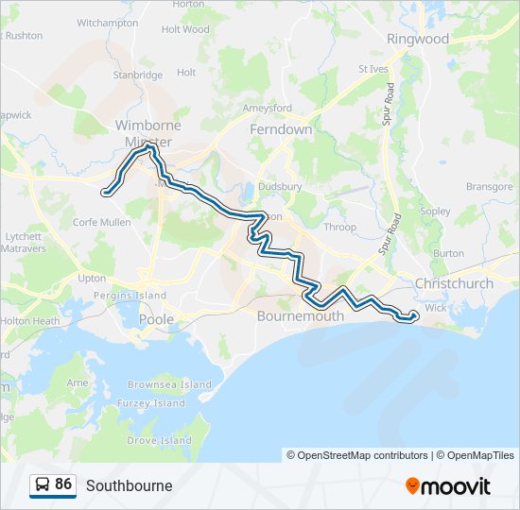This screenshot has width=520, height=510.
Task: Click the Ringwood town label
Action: pyautogui.click(x=418, y=40)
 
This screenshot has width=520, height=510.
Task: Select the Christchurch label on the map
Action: pyautogui.click(x=454, y=283)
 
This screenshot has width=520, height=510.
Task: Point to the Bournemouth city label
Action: pyautogui.click(x=301, y=316)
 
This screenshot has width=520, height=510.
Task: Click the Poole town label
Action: pyautogui.click(x=156, y=319)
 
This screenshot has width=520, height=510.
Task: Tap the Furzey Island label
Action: pyautogui.click(x=155, y=403)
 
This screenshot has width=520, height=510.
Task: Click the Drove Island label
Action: pyautogui.click(x=159, y=440)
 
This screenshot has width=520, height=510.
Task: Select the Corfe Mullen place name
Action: pyautogui.click(x=101, y=222)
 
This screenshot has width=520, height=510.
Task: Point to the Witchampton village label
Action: pyautogui.click(x=107, y=22)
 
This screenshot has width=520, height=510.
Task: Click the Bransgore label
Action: pyautogui.click(x=489, y=187)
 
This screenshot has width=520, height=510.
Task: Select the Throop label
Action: pyautogui.click(x=340, y=227)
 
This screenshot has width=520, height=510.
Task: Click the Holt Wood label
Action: pyautogui.click(x=185, y=29)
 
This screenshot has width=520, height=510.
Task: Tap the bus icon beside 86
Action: pyautogui.click(x=43, y=484)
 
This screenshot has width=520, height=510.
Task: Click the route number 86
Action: pyautogui.click(x=63, y=484)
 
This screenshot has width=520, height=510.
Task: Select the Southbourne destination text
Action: pyautogui.click(x=129, y=485)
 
